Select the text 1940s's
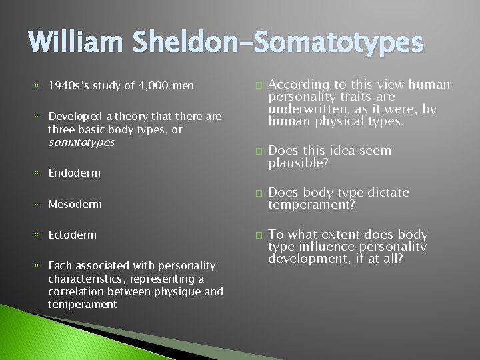click(69, 85)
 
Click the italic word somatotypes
click(81, 142)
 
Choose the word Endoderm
click(74, 173)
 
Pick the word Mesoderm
click(75, 204)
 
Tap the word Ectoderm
click(72, 235)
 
